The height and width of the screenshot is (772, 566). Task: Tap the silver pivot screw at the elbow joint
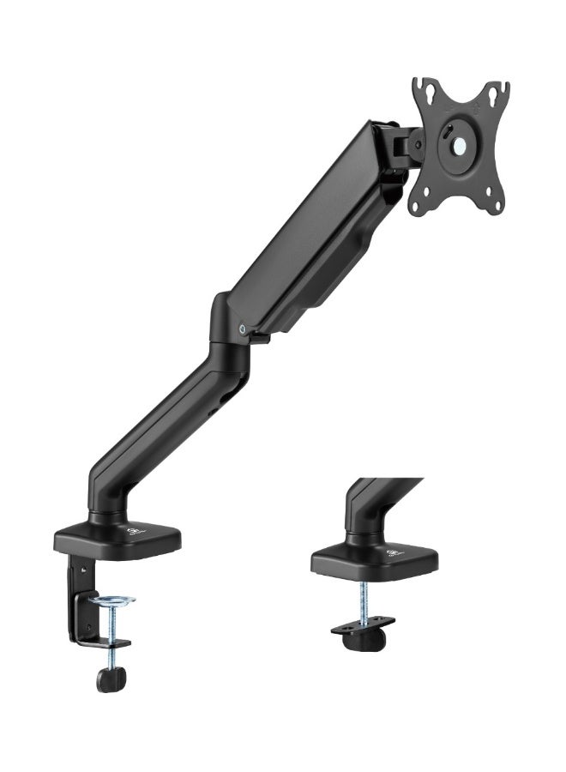[x=244, y=327]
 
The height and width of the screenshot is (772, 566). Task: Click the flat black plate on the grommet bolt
[x=364, y=624]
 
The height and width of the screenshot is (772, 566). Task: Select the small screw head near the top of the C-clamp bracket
[x=84, y=567]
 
